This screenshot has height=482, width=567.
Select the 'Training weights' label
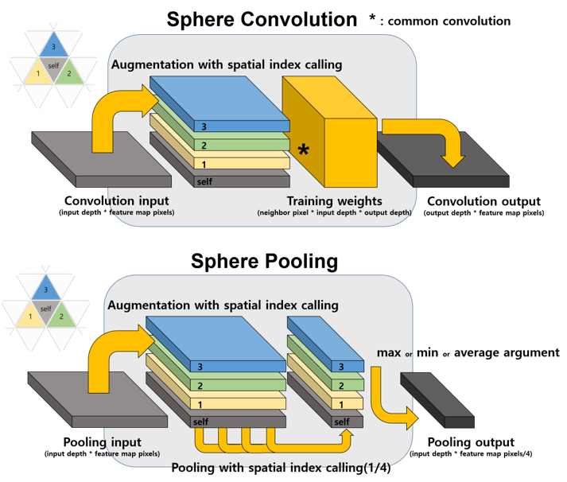click(335, 201)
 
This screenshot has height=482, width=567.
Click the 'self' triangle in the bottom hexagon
click(45, 309)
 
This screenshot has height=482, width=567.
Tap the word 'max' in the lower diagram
click(386, 352)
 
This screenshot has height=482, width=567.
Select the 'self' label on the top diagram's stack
click(204, 182)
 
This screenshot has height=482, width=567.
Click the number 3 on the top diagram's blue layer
click(204, 126)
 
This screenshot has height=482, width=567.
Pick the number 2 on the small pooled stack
click(341, 385)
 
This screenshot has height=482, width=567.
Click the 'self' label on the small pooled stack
click(342, 421)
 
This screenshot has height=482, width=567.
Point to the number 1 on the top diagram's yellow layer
click(204, 164)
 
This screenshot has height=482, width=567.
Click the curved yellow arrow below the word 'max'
click(390, 402)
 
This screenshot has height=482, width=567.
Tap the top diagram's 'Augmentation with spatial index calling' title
click(226, 64)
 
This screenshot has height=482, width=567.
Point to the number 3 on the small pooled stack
click(341, 367)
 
